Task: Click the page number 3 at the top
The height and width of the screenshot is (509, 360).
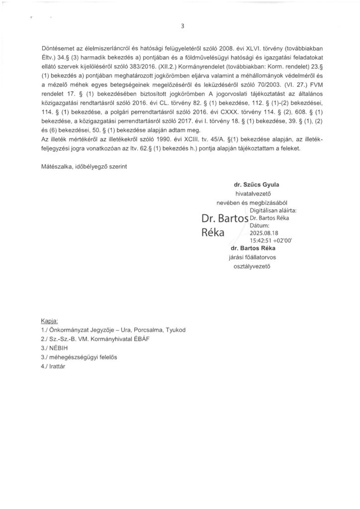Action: [182, 26]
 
